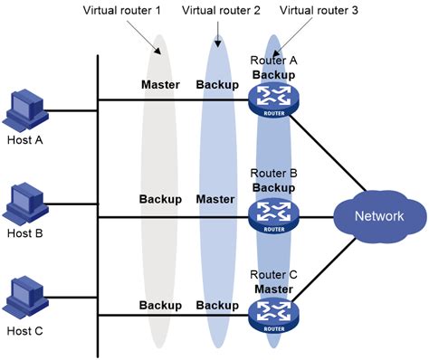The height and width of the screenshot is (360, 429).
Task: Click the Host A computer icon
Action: click(x=24, y=109)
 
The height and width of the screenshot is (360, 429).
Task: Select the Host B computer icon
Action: click(x=24, y=206)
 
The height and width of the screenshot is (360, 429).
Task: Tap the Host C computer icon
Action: click(x=24, y=301)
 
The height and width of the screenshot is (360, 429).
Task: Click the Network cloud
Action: click(x=378, y=216)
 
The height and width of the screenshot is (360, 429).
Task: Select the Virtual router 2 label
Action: click(x=221, y=12)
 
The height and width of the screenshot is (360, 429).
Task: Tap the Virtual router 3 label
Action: click(x=319, y=12)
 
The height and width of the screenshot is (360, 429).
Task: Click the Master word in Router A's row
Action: click(x=161, y=85)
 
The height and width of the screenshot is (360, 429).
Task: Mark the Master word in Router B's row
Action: click(x=215, y=198)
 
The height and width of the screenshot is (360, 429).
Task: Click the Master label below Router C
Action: click(x=272, y=289)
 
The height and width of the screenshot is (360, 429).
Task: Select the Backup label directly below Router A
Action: click(x=272, y=73)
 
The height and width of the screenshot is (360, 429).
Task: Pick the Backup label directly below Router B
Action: click(x=272, y=186)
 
